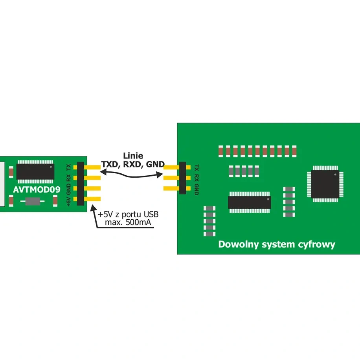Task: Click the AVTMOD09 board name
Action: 37,189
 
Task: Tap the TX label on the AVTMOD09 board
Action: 68,167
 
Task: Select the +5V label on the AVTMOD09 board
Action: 68,201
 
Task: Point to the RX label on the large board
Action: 197,177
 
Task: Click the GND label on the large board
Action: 197,189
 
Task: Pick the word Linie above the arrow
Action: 133,156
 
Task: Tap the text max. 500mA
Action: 128,222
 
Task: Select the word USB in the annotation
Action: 151,214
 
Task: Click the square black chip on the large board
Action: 325,184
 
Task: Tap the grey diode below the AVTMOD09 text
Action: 33,201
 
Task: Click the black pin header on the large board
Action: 182,178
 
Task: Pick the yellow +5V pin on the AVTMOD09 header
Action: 92,199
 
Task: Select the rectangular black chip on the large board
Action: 250,202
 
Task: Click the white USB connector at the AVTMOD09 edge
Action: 2,184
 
